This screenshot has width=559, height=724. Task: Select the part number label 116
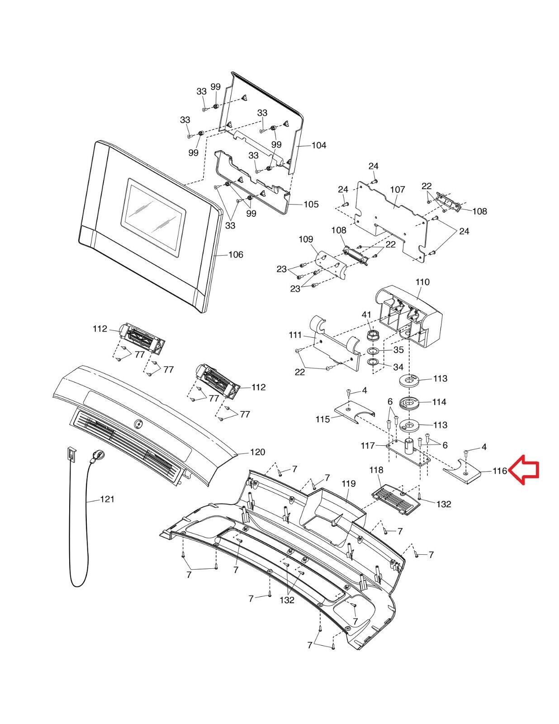[499, 471]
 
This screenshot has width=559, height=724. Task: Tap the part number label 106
[236, 255]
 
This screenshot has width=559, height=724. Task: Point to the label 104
[318, 145]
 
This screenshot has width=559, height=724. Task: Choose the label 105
[311, 204]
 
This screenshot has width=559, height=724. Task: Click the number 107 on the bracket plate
[398, 189]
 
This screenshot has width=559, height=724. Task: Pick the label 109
[306, 239]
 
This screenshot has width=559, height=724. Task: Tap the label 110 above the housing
[422, 282]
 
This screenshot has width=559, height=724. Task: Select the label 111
[295, 335]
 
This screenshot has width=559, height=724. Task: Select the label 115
[322, 419]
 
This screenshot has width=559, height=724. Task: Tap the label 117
[368, 446]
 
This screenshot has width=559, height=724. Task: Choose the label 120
[257, 452]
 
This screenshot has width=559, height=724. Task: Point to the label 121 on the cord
[107, 499]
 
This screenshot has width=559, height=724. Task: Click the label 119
[349, 484]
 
